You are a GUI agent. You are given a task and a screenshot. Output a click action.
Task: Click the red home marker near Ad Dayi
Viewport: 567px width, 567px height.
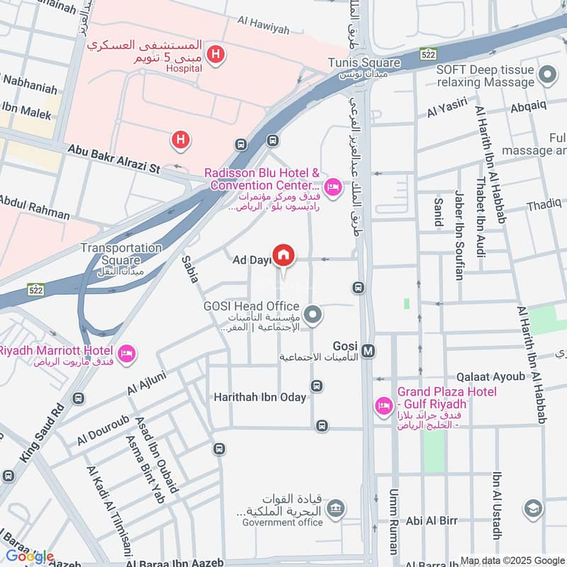(x=283, y=255)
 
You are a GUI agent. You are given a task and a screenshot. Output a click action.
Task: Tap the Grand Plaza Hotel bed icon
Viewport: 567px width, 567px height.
(x=383, y=406)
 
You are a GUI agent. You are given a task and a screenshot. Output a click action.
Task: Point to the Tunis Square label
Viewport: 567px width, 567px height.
(x=364, y=63)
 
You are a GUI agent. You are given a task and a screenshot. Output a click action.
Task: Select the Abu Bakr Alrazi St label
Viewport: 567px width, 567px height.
(x=114, y=159)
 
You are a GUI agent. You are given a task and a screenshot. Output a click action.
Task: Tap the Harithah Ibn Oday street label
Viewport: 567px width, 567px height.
(x=260, y=398)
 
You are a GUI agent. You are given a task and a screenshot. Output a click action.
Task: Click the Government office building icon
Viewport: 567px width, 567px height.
(x=337, y=507)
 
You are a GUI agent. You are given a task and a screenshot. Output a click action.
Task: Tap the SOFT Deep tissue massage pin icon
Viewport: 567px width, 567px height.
(x=546, y=74)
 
